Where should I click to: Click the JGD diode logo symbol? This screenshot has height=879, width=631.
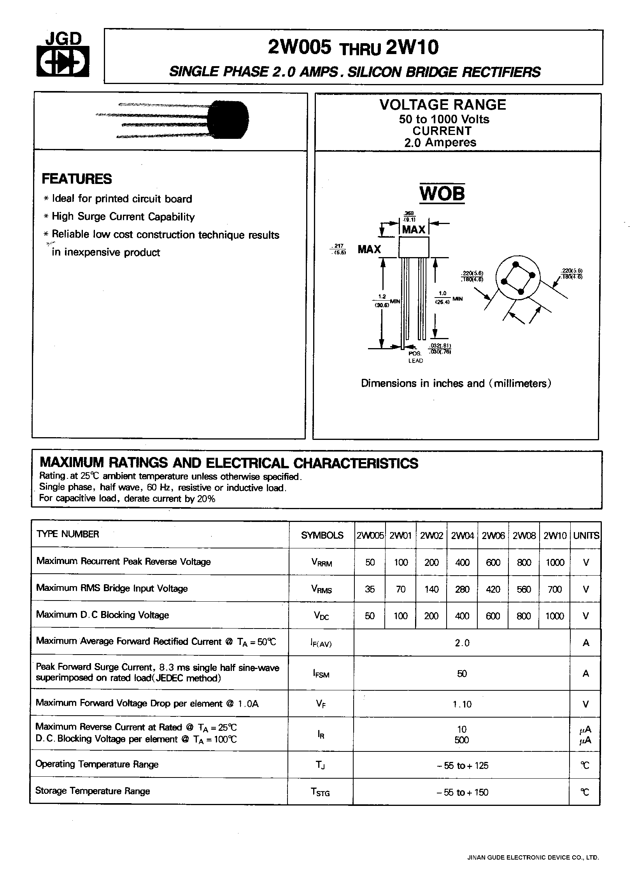point(63,61)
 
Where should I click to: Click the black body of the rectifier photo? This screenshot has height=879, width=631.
point(229,119)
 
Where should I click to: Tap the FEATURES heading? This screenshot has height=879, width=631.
point(77,179)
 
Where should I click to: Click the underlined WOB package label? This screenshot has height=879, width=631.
point(442,193)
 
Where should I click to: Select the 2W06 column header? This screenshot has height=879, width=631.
point(493,536)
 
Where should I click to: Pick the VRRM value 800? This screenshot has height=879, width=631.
point(524,562)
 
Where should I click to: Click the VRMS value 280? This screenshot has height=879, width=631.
point(462,589)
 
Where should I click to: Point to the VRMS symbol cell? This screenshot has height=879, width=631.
point(321,589)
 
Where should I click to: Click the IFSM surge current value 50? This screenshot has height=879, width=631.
point(462,673)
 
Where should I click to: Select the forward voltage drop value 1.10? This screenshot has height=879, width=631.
point(462,704)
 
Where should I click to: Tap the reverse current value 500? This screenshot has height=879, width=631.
point(462,740)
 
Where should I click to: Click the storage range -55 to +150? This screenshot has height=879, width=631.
point(462,792)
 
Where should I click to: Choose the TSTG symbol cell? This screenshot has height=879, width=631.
point(321,792)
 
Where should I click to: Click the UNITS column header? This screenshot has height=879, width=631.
point(586,536)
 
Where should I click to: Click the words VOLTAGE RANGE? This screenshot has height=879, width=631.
point(443,105)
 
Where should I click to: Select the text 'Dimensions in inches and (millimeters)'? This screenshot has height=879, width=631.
point(456,383)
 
